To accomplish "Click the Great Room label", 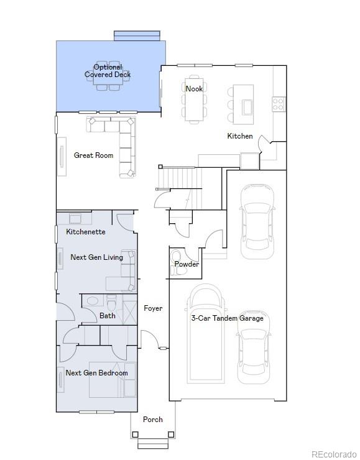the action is coord(93,155).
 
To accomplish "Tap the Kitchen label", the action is coord(240,136).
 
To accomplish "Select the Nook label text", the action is coord(194,88).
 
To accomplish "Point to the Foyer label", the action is coord(153,308).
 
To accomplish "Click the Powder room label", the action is coord(187,264).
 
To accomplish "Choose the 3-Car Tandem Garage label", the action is coord(228,318).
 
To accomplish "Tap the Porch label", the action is coord(152,419).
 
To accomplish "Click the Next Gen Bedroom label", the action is coord(96,373).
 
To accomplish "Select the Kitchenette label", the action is coord(86,232).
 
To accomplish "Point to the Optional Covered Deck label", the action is coord(108,71).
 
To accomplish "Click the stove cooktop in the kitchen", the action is coord(278,104).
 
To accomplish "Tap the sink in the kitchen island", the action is coord(247,108).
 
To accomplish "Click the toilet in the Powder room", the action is coord(176,262).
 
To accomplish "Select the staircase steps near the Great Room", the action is coord(180,178).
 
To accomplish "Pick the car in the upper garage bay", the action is coord(257,222).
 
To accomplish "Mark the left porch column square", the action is coord(135,435).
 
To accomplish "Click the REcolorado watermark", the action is coord(334,454).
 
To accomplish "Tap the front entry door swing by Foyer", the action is coord(150,339).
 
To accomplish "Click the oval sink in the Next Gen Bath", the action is coord(93,301).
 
